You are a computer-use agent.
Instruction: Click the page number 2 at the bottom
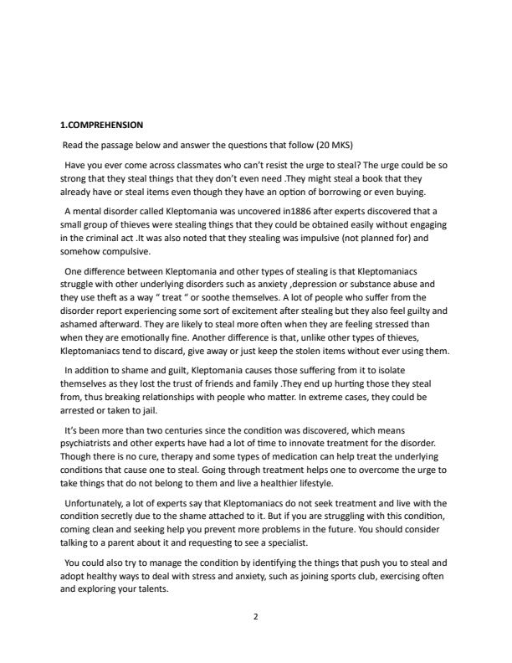coord(255,617)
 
